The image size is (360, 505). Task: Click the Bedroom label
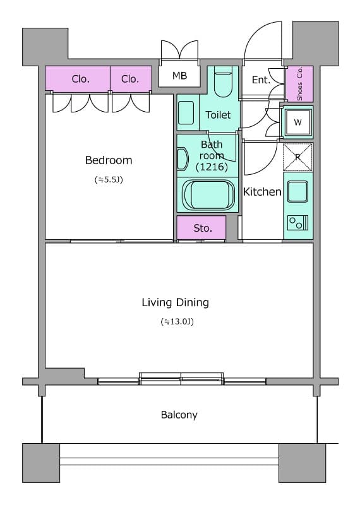[109, 160]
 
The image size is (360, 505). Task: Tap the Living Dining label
[176, 302]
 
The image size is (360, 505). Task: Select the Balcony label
[179, 415]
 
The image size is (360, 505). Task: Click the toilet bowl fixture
[223, 82]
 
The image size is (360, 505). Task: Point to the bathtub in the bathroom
[208, 195]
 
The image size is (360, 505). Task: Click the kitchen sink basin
[297, 191]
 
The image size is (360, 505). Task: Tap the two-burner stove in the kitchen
[297, 223]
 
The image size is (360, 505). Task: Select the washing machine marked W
[297, 122]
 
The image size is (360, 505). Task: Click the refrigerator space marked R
[297, 157]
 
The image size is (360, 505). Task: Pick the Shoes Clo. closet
[300, 84]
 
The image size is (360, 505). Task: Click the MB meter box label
[179, 76]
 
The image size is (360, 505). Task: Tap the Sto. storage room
[201, 228]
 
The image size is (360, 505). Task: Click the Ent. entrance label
[261, 80]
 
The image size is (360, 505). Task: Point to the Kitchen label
[262, 192]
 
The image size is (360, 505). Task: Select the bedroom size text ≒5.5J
[109, 180]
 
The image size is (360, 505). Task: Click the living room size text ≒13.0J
[177, 321]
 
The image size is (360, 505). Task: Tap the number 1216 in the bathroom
[212, 167]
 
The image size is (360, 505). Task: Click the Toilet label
[218, 115]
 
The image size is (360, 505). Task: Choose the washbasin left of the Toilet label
[186, 113]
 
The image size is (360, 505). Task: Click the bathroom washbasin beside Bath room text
[183, 159]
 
